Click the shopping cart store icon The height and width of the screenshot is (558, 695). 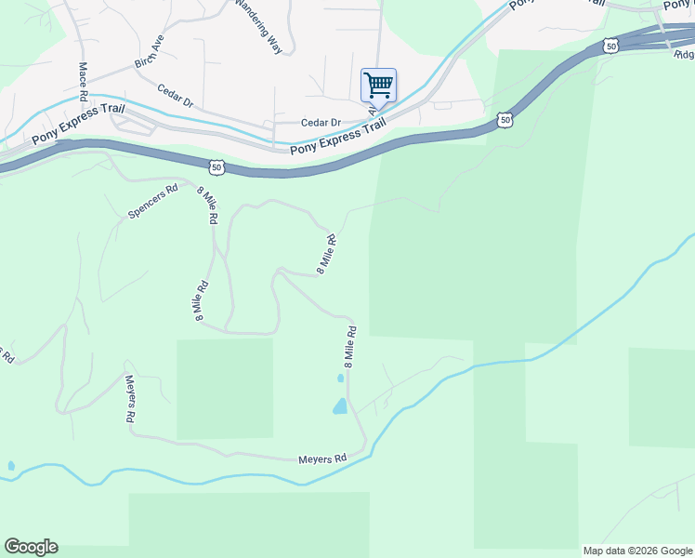click(x=378, y=86)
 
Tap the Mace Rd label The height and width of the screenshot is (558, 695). click(x=83, y=82)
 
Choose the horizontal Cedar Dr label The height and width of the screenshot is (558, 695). click(x=321, y=123)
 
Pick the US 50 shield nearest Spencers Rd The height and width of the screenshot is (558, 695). click(x=216, y=167)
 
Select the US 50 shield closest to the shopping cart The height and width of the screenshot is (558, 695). click(x=505, y=119)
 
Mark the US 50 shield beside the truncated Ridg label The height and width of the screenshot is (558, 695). click(x=610, y=45)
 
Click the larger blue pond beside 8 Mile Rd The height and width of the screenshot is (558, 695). click(x=340, y=405)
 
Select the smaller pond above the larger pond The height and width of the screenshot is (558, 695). click(x=340, y=379)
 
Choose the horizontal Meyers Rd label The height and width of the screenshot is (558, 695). click(x=322, y=458)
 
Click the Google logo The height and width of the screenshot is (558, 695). click(x=31, y=547)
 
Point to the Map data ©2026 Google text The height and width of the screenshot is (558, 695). click(x=637, y=551)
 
